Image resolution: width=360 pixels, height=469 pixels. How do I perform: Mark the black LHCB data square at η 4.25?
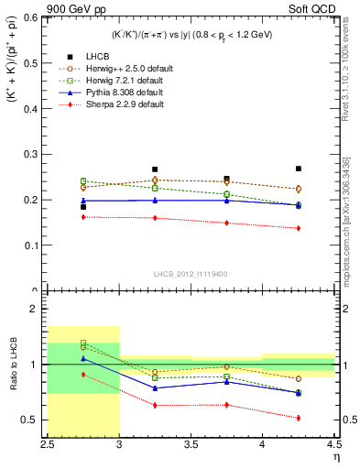(x=299, y=169)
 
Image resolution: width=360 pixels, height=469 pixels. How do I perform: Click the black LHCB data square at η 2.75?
(x=83, y=207)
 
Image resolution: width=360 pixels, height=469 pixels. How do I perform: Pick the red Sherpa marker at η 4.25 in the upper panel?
(x=299, y=228)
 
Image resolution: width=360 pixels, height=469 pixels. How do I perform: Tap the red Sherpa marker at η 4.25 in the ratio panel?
(x=299, y=418)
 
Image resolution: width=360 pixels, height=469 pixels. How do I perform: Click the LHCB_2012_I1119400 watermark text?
(x=191, y=274)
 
